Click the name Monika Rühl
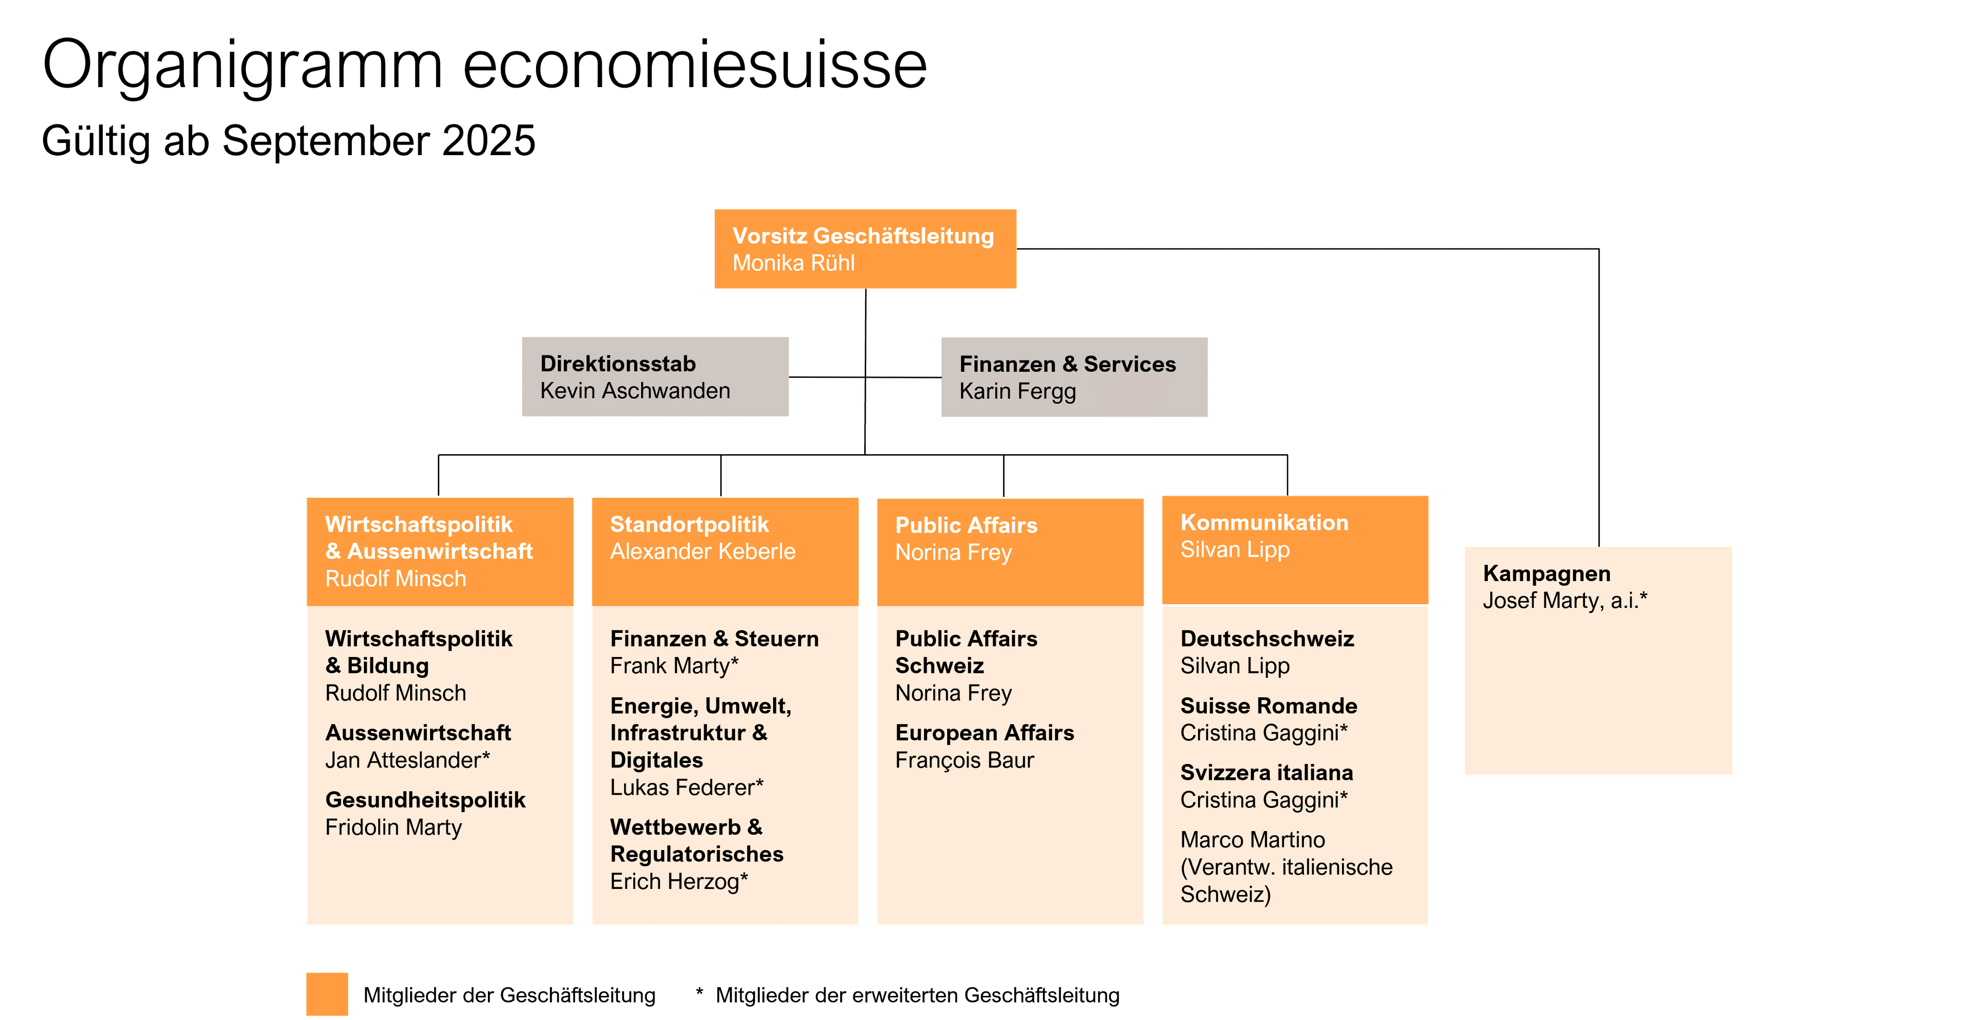793,263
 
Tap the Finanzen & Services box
1074,377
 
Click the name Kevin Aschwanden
635,391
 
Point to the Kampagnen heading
1546,573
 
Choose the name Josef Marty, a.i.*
1565,601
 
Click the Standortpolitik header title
689,524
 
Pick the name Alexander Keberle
702,552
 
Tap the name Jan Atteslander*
408,760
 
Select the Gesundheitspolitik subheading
425,800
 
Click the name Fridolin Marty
393,827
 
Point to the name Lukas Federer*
686,787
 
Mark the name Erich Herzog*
678,882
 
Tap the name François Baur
965,760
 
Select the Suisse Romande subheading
1269,706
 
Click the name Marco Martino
1252,840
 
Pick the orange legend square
327,994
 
